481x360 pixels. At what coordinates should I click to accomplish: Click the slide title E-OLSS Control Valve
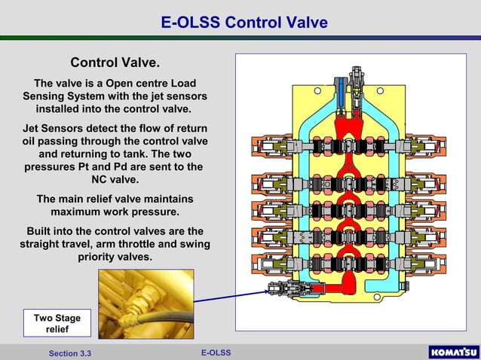pos(244,23)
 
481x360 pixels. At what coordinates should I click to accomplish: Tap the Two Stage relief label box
pos(57,323)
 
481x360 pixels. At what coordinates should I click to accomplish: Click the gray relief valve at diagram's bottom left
pos(283,288)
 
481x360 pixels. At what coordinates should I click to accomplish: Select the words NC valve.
pos(115,180)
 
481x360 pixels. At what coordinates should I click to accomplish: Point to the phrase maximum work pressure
pos(115,212)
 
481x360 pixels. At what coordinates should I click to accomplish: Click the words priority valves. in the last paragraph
pos(115,258)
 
